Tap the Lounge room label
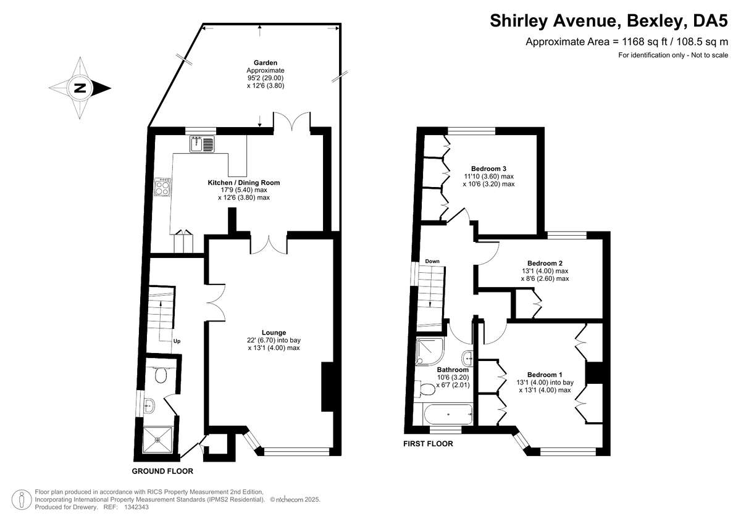pos(274,332)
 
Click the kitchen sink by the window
pos(203,144)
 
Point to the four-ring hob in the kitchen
pos(164,187)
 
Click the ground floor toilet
pos(162,375)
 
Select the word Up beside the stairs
pos(177,341)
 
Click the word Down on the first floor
pos(432,261)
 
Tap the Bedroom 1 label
pos(545,375)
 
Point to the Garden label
pos(265,63)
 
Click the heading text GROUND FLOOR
pos(162,471)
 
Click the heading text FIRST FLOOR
pos(428,444)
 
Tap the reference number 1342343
pos(134,507)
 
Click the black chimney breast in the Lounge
pos(327,388)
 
